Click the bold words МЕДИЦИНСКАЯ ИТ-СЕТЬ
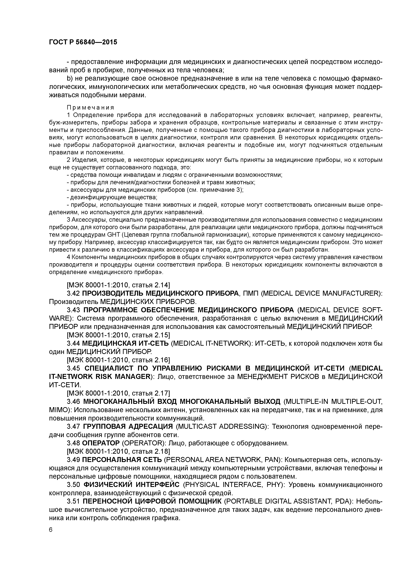point(125,343)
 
